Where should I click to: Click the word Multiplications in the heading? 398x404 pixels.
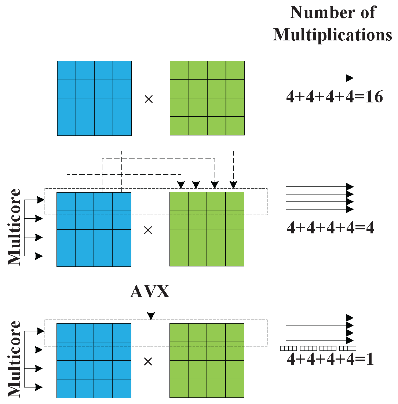tap(332, 34)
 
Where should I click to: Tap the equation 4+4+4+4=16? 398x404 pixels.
tap(335, 97)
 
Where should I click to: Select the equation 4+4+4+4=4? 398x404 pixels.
tap(331, 228)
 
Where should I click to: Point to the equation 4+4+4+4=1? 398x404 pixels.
tap(330, 359)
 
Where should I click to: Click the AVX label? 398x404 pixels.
tap(150, 291)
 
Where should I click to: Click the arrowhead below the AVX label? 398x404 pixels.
tap(151, 316)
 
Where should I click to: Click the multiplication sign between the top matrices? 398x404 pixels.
tap(149, 99)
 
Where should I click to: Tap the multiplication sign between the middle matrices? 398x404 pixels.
tap(148, 230)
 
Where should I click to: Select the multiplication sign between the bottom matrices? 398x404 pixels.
tap(148, 361)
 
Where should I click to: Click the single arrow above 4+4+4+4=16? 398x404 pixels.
tap(319, 78)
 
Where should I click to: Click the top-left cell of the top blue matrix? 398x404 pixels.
tap(67, 70)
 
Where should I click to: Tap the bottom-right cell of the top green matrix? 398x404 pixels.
tap(235, 126)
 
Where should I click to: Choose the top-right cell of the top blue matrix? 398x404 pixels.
tap(122, 70)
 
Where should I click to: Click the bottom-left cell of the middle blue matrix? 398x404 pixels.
tap(66, 257)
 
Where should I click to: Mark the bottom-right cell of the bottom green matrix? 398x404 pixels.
tap(235, 388)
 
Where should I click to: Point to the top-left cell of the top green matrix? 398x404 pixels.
tap(179, 70)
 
